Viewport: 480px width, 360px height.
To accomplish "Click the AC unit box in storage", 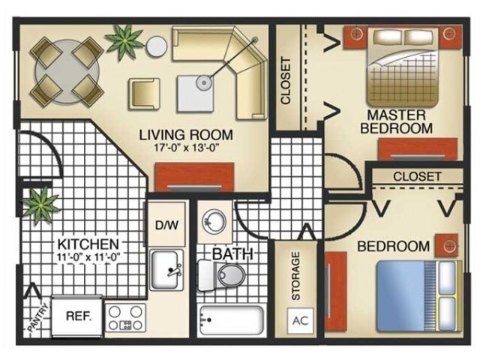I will click(x=300, y=320).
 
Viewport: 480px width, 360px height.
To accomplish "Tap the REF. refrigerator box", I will click(x=79, y=316).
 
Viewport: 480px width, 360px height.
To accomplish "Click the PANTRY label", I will click(x=37, y=319).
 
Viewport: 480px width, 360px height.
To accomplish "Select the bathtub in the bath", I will click(x=232, y=320).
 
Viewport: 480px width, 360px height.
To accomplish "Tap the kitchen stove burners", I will click(x=125, y=316).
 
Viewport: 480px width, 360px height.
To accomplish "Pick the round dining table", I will click(x=66, y=70).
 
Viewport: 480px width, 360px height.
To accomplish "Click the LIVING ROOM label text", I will click(x=187, y=135).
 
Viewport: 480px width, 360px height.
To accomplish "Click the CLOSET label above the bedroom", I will click(x=417, y=176).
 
